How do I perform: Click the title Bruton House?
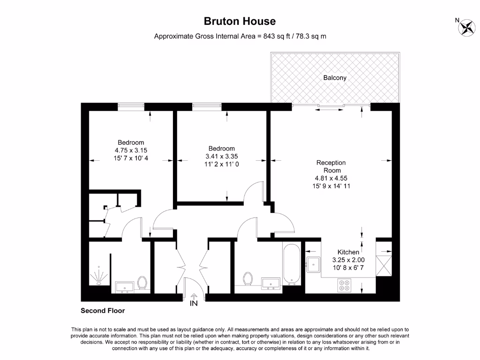[x=240, y=21]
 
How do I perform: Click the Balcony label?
[x=335, y=78]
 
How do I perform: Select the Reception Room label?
[x=331, y=166]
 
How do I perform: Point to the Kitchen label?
[x=348, y=252]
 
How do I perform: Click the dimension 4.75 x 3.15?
[x=131, y=150]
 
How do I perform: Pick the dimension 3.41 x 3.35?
[x=223, y=157]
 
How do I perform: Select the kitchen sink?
[x=313, y=264]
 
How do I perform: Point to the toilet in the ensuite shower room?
[x=142, y=282]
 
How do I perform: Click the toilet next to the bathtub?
[x=248, y=279]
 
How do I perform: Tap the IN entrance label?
[x=194, y=303]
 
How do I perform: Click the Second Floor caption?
[x=103, y=310]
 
